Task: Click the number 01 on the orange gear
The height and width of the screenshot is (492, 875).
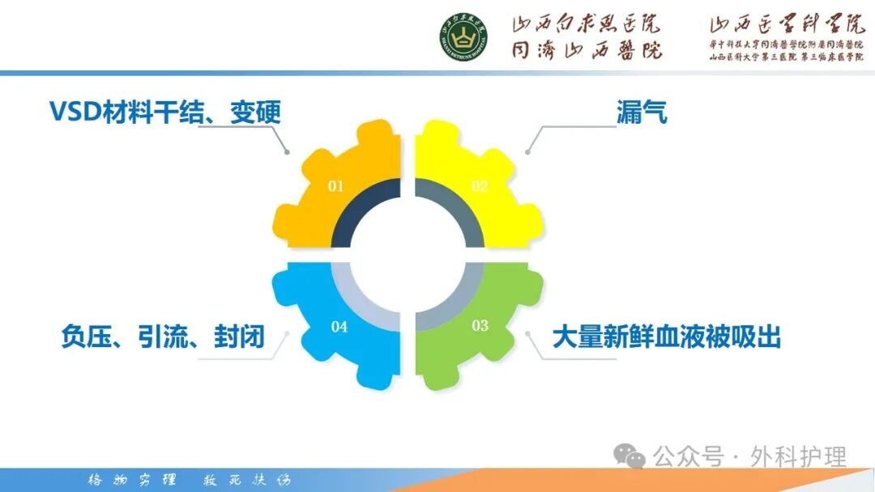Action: (335, 186)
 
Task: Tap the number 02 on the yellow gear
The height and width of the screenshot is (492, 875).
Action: (480, 186)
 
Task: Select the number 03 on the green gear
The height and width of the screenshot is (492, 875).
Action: (480, 325)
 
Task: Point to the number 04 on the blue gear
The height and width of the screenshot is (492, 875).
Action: (339, 327)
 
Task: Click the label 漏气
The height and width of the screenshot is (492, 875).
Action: (641, 112)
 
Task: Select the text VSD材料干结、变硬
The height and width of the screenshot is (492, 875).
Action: (165, 112)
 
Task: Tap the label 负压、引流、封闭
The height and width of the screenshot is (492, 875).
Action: (163, 337)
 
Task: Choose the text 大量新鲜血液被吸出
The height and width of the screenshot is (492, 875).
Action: (666, 337)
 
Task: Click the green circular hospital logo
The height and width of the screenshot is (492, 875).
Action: (463, 38)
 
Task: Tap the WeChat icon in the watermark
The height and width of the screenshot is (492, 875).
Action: (630, 456)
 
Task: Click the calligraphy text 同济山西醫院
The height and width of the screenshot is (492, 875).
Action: (586, 51)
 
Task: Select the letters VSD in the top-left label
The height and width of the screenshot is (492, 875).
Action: (75, 112)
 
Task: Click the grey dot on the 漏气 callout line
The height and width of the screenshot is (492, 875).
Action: (527, 151)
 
